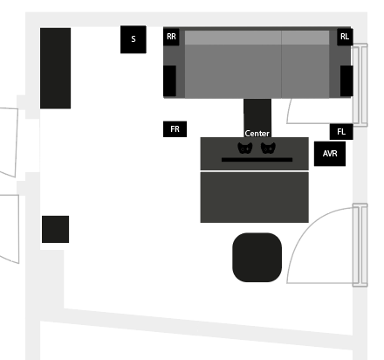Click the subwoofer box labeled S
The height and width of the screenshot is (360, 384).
pyautogui.click(x=134, y=39)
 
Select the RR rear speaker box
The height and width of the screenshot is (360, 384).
pyautogui.click(x=171, y=37)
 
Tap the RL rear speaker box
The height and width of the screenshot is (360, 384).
pyautogui.click(x=345, y=37)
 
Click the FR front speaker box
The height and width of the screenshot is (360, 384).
pyautogui.click(x=175, y=129)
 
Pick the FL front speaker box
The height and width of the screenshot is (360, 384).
pyautogui.click(x=341, y=132)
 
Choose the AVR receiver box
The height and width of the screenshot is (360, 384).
pyautogui.click(x=330, y=154)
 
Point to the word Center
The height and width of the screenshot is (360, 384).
pyautogui.click(x=257, y=134)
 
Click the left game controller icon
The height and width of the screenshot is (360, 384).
pyautogui.click(x=245, y=148)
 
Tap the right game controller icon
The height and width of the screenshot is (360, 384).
pyautogui.click(x=268, y=148)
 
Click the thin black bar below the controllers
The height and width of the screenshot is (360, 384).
pyautogui.click(x=257, y=160)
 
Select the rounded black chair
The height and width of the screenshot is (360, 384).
pyautogui.click(x=257, y=257)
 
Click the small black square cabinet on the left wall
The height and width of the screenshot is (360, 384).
pyautogui.click(x=55, y=229)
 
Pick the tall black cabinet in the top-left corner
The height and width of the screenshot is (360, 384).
pyautogui.click(x=55, y=68)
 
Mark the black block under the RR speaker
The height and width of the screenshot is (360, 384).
pyautogui.click(x=169, y=80)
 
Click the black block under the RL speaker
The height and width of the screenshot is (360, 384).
pyautogui.click(x=346, y=80)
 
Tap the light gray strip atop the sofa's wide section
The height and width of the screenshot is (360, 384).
pyautogui.click(x=233, y=38)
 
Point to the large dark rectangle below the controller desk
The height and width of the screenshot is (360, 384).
pyautogui.click(x=254, y=197)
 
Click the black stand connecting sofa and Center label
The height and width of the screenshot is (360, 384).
pyautogui.click(x=257, y=114)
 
